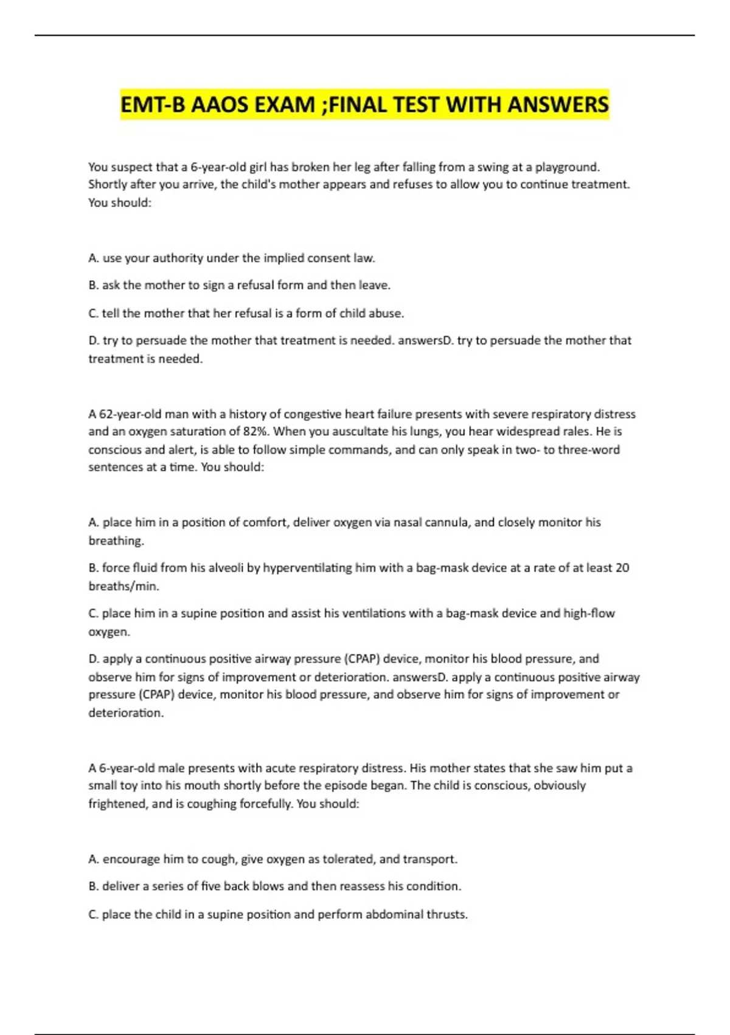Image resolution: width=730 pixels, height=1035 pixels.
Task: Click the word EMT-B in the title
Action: (x=153, y=105)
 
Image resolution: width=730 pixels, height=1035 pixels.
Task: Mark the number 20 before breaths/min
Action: (x=622, y=568)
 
